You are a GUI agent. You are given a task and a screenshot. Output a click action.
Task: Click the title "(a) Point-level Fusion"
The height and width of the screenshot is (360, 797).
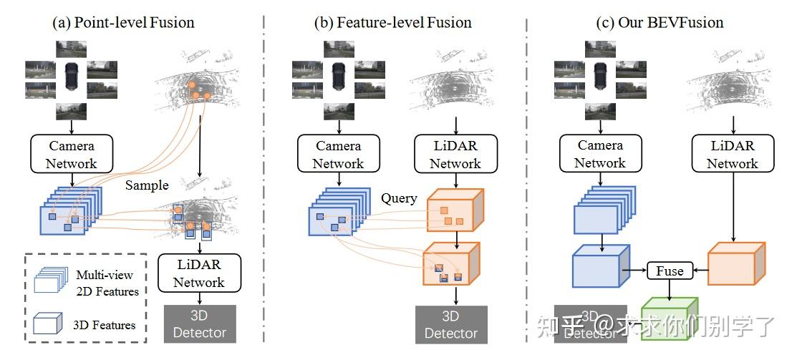(x=123, y=22)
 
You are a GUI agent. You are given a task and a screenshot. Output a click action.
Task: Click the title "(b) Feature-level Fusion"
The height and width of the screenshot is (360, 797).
(x=392, y=22)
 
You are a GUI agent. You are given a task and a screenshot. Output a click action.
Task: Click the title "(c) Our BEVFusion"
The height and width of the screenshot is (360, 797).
(x=660, y=22)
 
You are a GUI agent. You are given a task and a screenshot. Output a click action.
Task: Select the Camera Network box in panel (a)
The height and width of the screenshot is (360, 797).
(x=71, y=155)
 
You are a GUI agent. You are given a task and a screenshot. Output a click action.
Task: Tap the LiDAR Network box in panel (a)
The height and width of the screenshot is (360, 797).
(x=199, y=273)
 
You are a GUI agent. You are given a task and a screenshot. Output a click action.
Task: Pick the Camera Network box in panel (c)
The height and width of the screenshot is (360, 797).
(x=600, y=155)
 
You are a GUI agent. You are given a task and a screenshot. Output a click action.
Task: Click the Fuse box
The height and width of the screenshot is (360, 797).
(x=670, y=271)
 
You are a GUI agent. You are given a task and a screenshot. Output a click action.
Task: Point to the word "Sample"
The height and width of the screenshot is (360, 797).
(x=147, y=185)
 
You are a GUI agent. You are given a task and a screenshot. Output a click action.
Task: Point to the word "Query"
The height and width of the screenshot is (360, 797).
(x=399, y=198)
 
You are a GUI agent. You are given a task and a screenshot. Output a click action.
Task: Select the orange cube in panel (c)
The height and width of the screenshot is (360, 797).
(x=736, y=263)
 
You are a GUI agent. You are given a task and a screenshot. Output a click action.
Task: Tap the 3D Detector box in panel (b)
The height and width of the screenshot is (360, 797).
(x=451, y=325)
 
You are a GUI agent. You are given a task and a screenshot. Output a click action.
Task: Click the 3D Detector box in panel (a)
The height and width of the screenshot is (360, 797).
(x=200, y=323)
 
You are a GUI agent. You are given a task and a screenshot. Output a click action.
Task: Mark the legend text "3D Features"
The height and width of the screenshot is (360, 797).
(x=105, y=325)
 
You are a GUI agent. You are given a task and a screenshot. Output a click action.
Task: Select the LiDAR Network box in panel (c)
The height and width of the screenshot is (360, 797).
(x=732, y=155)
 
